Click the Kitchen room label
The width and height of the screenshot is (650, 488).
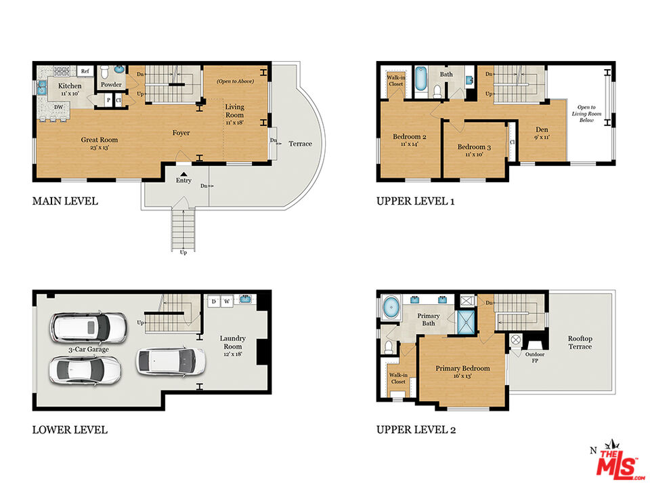pyautogui.click(x=69, y=86)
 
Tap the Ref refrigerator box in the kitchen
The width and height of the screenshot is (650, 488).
pyautogui.click(x=85, y=70)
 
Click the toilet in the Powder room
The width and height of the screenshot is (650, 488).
pyautogui.click(x=104, y=71)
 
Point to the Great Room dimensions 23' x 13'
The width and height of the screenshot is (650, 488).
pyautogui.click(x=94, y=147)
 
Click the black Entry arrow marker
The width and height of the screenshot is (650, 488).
pyautogui.click(x=183, y=174)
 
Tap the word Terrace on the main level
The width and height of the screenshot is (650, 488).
pyautogui.click(x=300, y=144)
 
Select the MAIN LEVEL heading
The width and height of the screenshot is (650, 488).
pyautogui.click(x=65, y=201)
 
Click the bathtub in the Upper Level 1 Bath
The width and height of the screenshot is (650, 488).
pyautogui.click(x=420, y=80)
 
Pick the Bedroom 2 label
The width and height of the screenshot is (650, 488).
pyautogui.click(x=409, y=136)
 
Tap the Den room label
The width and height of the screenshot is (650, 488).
pyautogui.click(x=542, y=129)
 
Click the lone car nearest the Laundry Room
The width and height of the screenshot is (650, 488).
pyautogui.click(x=171, y=361)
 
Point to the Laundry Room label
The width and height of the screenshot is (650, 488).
pyautogui.click(x=232, y=338)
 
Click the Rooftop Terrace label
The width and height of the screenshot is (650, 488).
pyautogui.click(x=580, y=342)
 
